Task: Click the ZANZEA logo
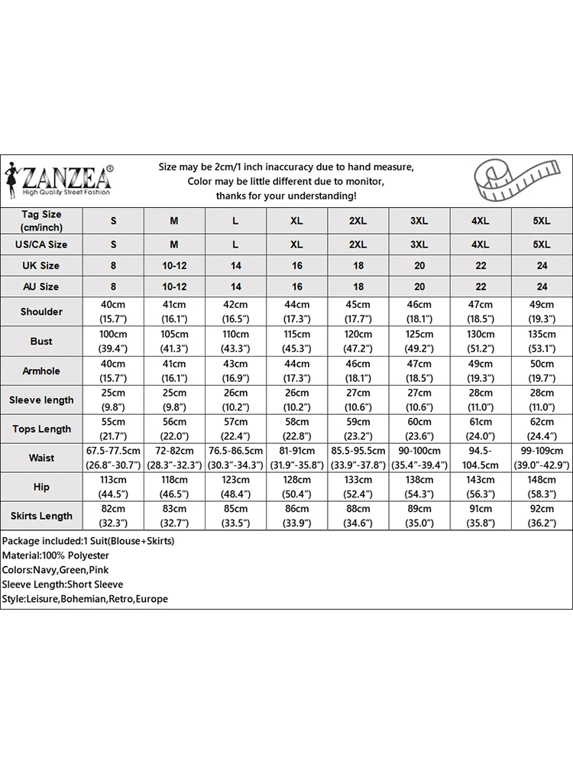click(x=59, y=180)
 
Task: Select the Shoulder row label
click(x=41, y=312)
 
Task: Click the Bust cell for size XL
click(x=296, y=341)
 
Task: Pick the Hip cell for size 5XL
click(x=541, y=486)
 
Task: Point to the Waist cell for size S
click(x=113, y=457)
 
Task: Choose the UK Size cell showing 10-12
click(x=174, y=266)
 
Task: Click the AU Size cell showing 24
click(x=541, y=286)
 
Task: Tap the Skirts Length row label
click(x=41, y=516)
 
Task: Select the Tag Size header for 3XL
click(x=419, y=221)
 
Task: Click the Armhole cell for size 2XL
click(x=358, y=370)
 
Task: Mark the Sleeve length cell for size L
click(x=235, y=399)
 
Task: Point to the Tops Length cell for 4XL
click(x=480, y=428)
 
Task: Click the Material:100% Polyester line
click(x=55, y=555)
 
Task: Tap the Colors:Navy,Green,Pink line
click(x=55, y=570)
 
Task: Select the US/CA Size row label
click(x=41, y=244)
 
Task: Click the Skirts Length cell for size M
click(x=174, y=515)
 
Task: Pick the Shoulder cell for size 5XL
click(x=541, y=312)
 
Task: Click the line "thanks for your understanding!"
click(x=286, y=196)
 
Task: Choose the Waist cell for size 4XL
click(x=480, y=457)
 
